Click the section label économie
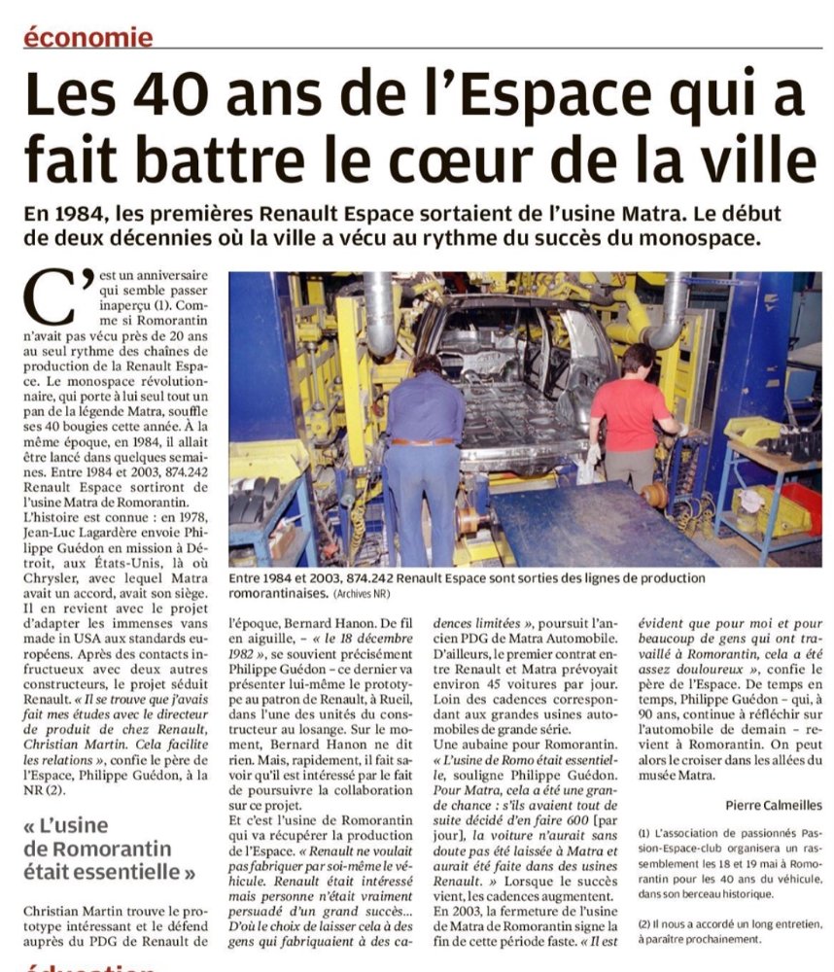(x=88, y=38)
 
